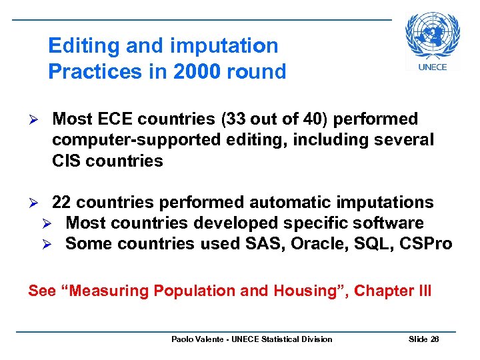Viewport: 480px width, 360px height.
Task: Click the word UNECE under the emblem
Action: (432, 67)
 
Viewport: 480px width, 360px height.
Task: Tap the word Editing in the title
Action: (82, 46)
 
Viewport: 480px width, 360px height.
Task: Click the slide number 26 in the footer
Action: (434, 339)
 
